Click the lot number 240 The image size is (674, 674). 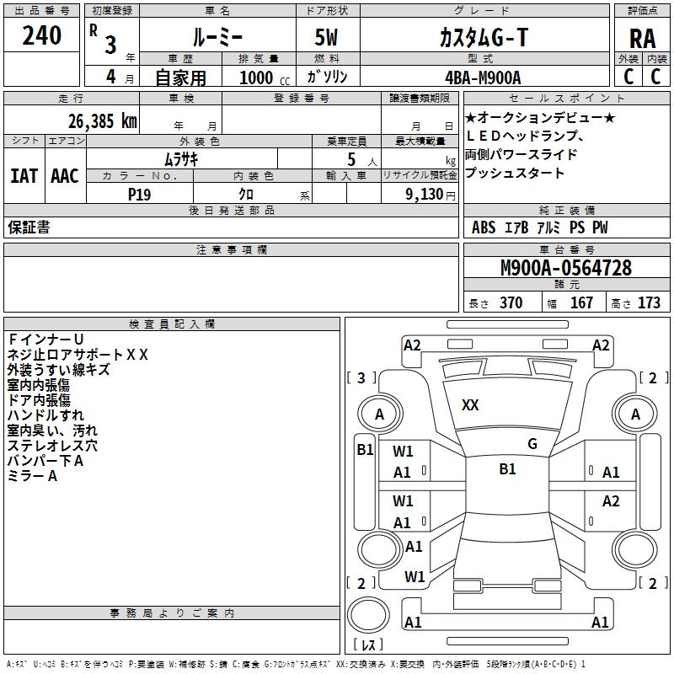(x=42, y=35)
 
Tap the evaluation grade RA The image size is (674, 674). (x=642, y=39)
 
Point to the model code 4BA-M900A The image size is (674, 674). (x=483, y=78)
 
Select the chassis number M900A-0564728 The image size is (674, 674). (x=565, y=268)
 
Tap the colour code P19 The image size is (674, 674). (x=139, y=193)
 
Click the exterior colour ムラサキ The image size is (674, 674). (x=181, y=158)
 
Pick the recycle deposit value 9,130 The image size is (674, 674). (x=429, y=194)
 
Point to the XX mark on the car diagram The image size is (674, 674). (x=470, y=405)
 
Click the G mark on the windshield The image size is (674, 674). (x=532, y=444)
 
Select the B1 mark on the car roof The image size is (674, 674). (x=507, y=469)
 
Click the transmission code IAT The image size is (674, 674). (x=24, y=176)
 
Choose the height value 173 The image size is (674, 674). (x=649, y=303)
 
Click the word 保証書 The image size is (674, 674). (x=29, y=227)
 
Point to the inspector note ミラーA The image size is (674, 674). (x=33, y=476)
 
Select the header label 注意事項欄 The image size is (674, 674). (x=231, y=250)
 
